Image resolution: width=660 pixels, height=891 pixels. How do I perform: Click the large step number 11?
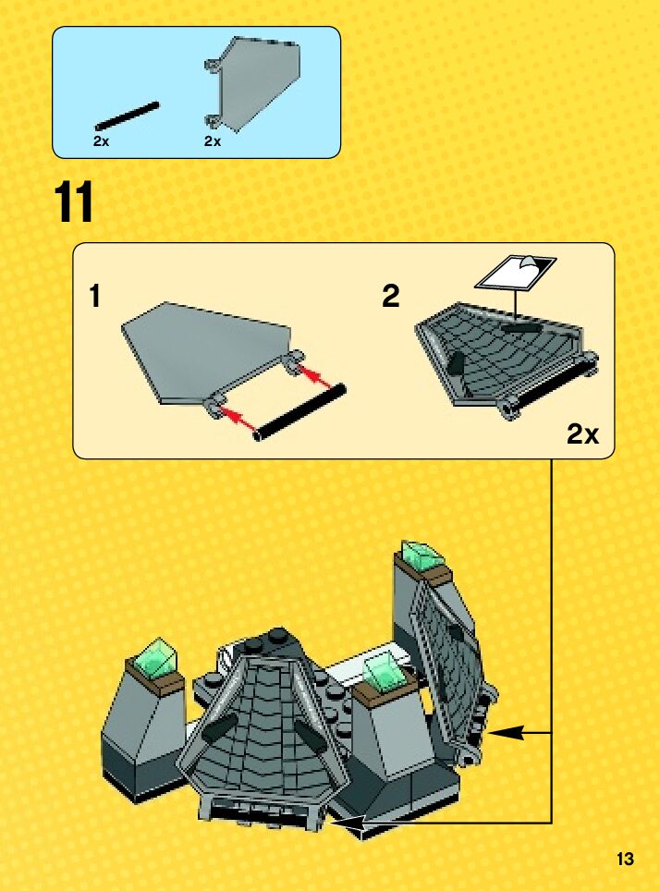(x=74, y=202)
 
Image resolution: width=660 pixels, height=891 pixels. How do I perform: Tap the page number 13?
(x=625, y=859)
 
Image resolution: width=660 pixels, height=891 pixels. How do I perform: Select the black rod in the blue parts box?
(x=128, y=116)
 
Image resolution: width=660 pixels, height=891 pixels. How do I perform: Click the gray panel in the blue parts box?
(x=252, y=83)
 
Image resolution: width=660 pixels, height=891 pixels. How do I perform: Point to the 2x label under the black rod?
(x=101, y=141)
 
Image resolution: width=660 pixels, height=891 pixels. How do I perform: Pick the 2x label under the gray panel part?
(x=213, y=141)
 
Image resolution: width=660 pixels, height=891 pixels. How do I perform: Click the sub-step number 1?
(x=95, y=296)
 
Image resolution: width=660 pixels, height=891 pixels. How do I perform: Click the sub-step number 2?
(x=391, y=296)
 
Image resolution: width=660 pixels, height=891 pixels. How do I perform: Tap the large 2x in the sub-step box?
(x=582, y=434)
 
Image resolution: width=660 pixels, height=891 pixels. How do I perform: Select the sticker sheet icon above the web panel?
(x=516, y=274)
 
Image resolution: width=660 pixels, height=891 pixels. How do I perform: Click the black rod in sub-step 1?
(x=299, y=412)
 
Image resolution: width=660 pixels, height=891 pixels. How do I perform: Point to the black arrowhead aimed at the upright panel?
(x=504, y=733)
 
